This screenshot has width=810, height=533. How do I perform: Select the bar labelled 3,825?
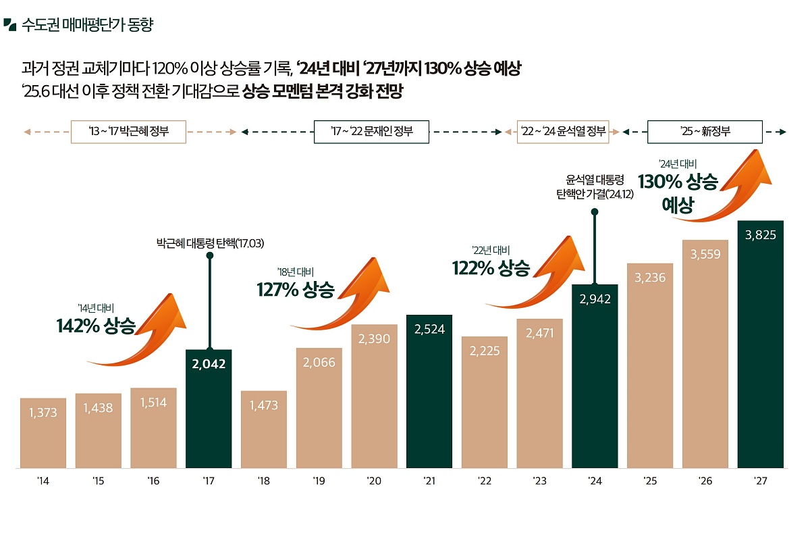coord(760,345)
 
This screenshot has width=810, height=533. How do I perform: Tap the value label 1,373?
coord(43,412)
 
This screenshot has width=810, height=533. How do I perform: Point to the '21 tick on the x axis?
coord(429,481)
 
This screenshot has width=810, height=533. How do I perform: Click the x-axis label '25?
coord(650,481)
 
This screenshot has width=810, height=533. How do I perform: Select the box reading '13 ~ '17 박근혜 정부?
coord(128,132)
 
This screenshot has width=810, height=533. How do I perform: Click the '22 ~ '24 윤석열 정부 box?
coord(563,132)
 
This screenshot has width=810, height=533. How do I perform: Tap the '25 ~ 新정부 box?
coord(705,132)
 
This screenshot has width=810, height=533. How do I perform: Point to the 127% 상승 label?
coord(295,290)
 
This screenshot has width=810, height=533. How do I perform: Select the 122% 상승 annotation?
coord(491,268)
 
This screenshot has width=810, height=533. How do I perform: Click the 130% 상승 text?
coord(678,182)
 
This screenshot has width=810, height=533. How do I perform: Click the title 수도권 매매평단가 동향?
coord(88,26)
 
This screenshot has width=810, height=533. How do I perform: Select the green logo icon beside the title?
coord(9,25)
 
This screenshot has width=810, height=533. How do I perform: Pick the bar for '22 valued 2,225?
coord(484,402)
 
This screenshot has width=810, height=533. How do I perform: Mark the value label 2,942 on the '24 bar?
coord(595,299)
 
